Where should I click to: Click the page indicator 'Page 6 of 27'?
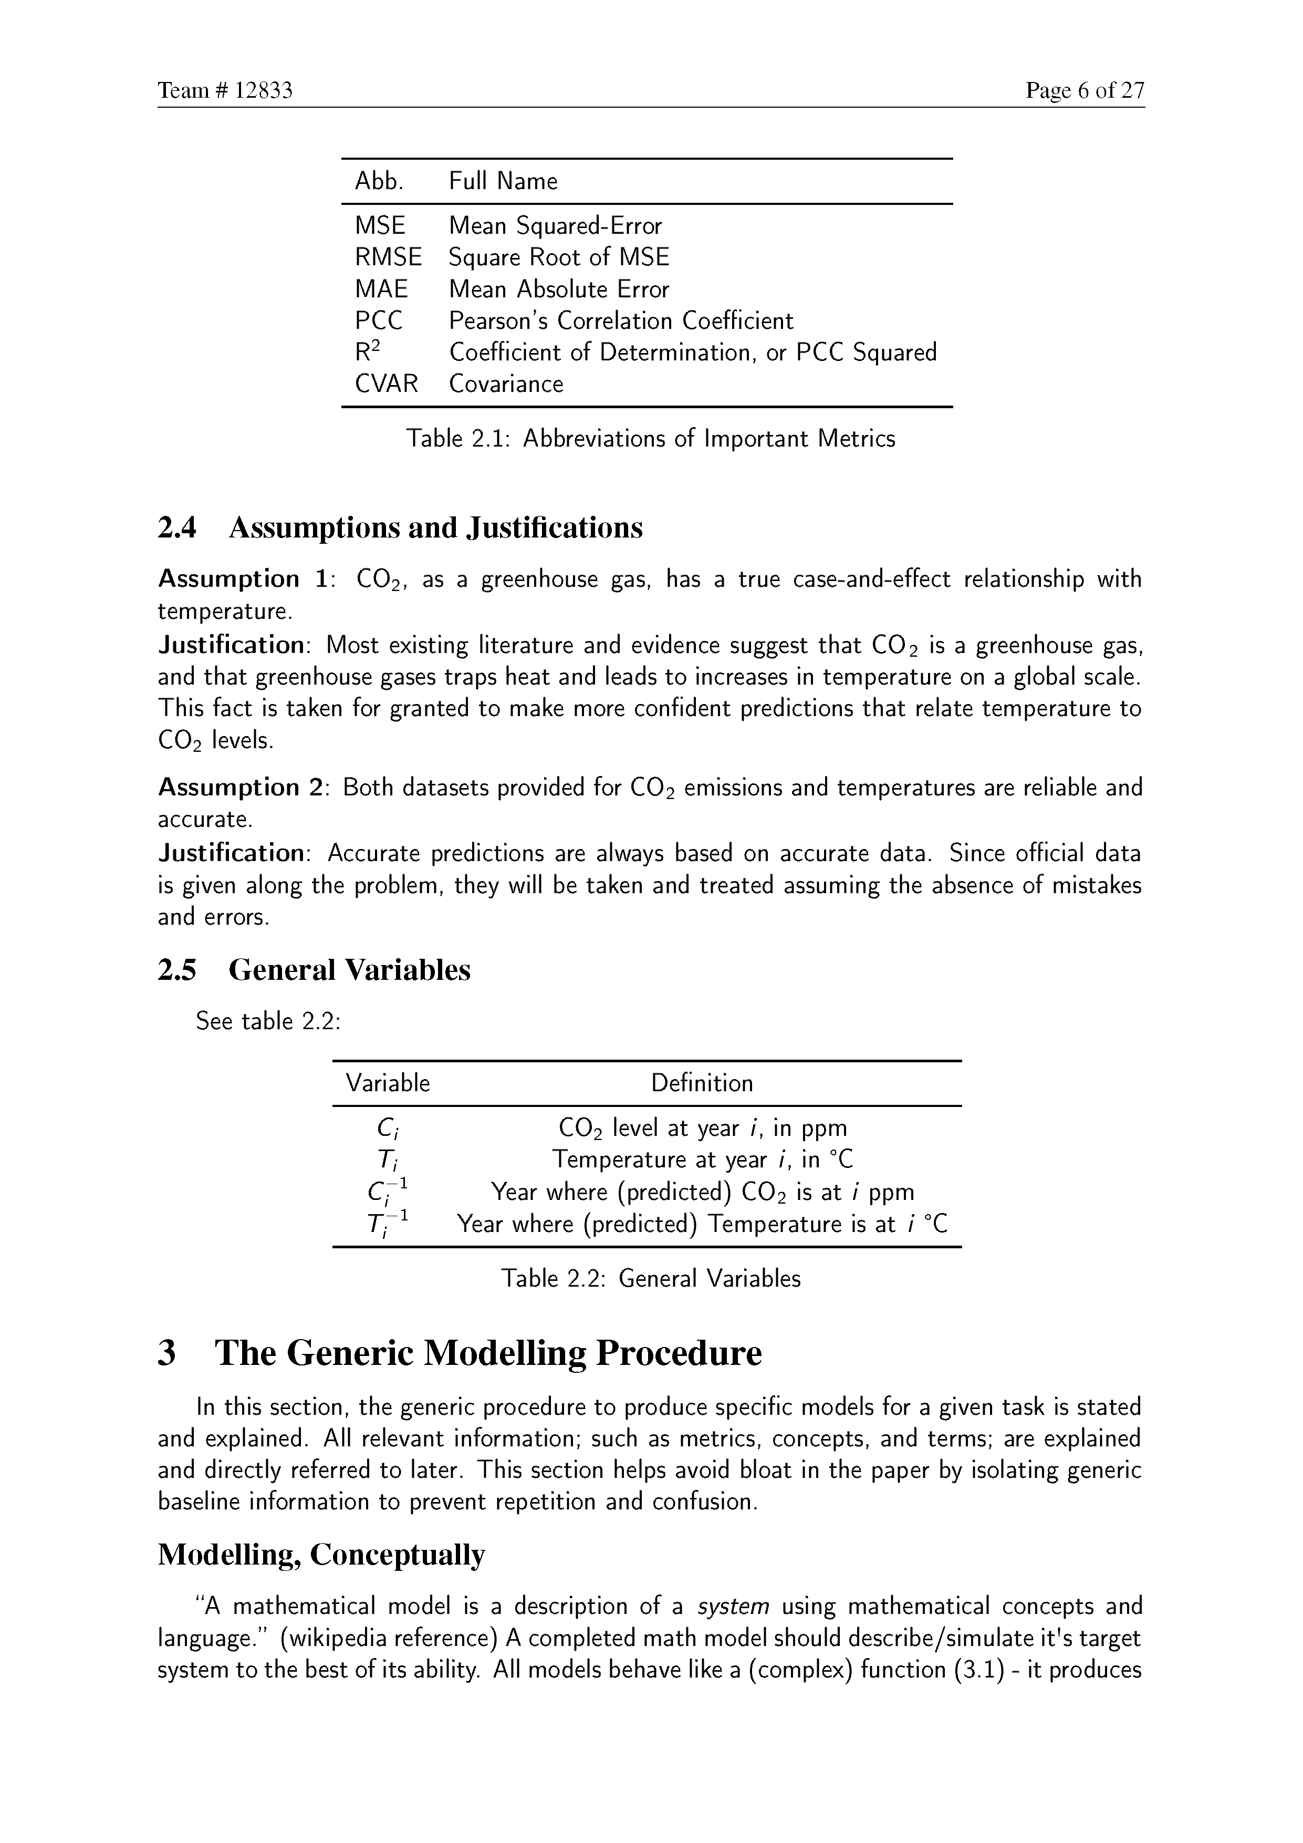click(x=1084, y=91)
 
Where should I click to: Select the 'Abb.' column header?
click(x=379, y=181)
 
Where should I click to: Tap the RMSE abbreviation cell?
click(x=388, y=257)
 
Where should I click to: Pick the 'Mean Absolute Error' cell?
click(x=558, y=289)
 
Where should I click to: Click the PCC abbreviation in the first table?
click(x=379, y=320)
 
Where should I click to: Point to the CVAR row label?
click(x=387, y=384)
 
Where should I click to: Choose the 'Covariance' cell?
click(x=505, y=384)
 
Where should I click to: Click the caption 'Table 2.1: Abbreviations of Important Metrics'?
click(x=650, y=438)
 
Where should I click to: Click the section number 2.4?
click(x=178, y=527)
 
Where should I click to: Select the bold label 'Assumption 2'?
click(x=240, y=788)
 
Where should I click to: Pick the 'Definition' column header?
click(x=702, y=1084)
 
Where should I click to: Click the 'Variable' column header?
click(x=388, y=1084)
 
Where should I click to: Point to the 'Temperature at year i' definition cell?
click(x=702, y=1160)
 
